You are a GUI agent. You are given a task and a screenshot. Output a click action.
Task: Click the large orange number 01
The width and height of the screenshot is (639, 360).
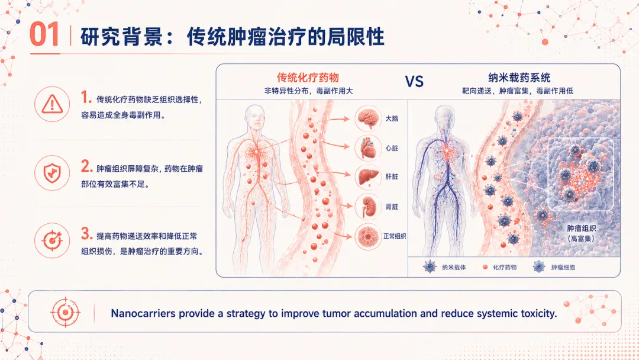coord(45,34)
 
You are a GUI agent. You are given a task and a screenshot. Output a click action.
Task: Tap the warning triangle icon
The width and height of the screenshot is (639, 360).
coord(52,104)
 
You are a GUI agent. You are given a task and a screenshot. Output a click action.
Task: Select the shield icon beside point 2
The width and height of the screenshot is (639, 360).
coord(52,173)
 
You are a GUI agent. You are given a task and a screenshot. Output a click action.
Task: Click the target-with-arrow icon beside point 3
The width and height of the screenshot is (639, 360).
coord(52,240)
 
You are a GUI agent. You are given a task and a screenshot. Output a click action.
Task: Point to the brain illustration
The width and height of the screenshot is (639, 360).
coord(367,118)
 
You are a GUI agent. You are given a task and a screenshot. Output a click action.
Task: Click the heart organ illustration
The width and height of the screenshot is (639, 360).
coord(367,148)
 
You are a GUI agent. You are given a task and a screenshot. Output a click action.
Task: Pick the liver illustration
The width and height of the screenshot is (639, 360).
coord(367,177)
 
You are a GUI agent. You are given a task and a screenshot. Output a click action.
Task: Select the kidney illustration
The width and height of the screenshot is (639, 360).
coord(367,207)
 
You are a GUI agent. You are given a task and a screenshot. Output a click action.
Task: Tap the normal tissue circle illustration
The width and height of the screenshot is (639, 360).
coord(367,236)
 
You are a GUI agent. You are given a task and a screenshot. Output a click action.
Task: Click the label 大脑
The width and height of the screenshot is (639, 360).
coord(392,118)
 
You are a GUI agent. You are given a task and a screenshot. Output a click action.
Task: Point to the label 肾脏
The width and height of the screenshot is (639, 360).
coord(392,207)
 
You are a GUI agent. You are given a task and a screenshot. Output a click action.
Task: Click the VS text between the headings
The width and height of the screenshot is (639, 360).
coord(414,82)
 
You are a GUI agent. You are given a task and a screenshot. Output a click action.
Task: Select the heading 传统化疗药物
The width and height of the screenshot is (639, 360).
coord(308,78)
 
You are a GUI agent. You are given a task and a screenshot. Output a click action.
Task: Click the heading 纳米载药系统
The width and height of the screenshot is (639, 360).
coord(519,78)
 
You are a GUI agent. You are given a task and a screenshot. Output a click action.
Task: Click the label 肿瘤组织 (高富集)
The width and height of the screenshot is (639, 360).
coord(581,233)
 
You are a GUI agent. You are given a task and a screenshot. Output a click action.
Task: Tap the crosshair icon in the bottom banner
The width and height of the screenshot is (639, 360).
coord(65,313)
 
